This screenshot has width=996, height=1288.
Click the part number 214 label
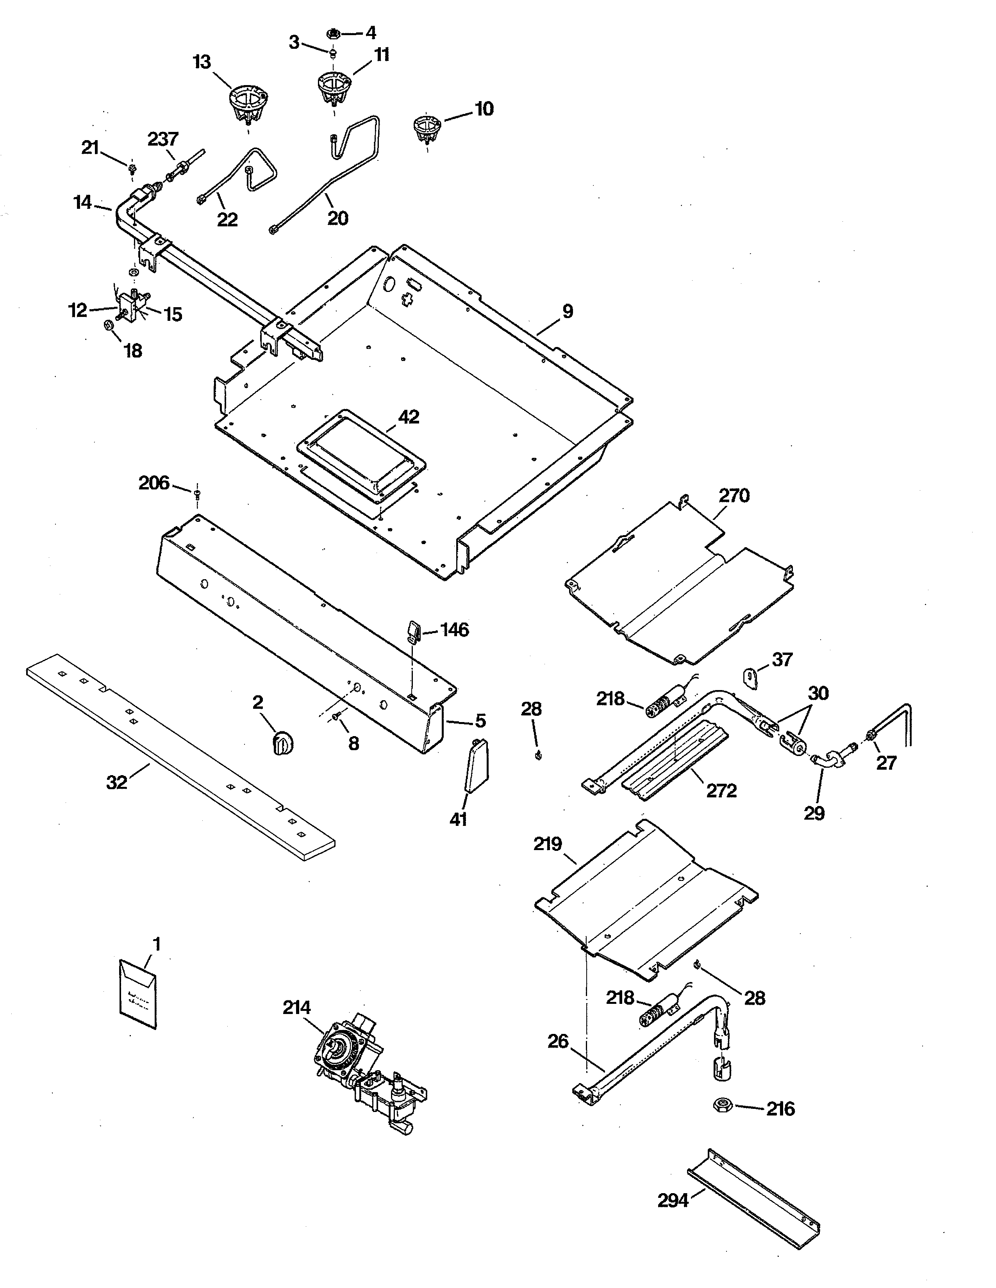296,1007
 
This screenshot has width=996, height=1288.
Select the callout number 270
734,495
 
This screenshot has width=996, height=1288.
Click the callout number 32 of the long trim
116,782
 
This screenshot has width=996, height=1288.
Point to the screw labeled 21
132,169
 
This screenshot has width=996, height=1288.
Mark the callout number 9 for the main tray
567,311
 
